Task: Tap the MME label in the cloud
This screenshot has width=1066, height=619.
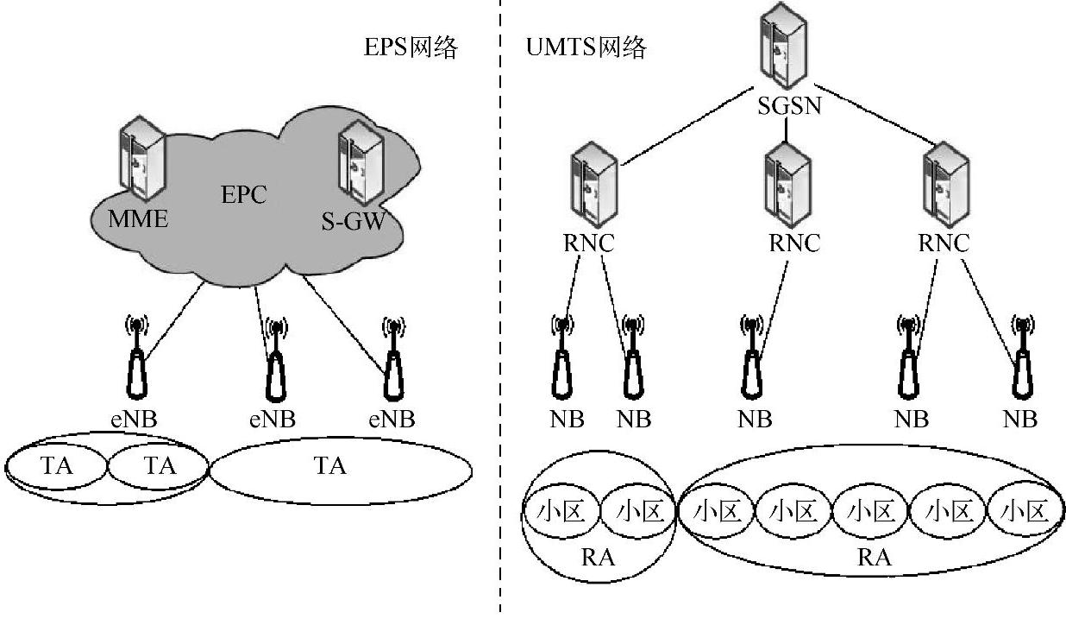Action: click(138, 218)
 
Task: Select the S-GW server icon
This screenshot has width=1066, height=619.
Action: click(361, 162)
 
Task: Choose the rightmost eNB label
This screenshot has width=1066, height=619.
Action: click(392, 420)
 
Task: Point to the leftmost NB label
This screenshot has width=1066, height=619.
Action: click(566, 420)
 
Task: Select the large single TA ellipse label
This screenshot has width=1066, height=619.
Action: click(329, 466)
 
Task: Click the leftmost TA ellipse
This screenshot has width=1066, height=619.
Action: click(57, 466)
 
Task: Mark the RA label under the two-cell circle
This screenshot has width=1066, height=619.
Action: click(598, 557)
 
